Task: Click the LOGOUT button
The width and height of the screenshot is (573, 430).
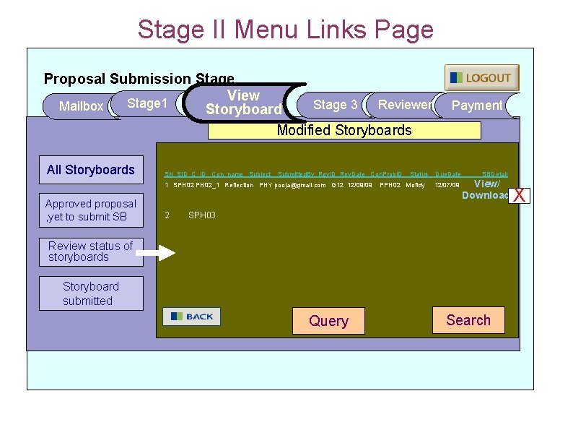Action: [481, 78]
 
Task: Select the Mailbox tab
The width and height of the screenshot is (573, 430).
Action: [81, 106]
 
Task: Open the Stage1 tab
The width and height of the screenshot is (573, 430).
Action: [147, 104]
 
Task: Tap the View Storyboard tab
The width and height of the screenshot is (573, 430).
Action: [243, 103]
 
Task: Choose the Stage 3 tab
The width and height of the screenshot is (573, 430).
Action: [335, 105]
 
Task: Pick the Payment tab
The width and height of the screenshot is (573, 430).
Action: [476, 106]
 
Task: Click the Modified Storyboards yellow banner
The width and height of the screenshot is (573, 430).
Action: [344, 130]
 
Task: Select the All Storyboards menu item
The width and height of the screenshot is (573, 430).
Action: [91, 170]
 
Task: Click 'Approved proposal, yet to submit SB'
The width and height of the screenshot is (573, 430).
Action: [91, 210]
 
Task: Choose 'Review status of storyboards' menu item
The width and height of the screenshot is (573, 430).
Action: [91, 251]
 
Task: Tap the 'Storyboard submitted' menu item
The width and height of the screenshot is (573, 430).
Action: [91, 293]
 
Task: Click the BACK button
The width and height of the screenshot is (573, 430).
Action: [191, 317]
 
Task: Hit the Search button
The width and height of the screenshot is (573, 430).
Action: [468, 320]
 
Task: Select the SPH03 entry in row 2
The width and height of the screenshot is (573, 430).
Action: [202, 215]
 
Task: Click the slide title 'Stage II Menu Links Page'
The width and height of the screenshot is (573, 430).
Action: [286, 30]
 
